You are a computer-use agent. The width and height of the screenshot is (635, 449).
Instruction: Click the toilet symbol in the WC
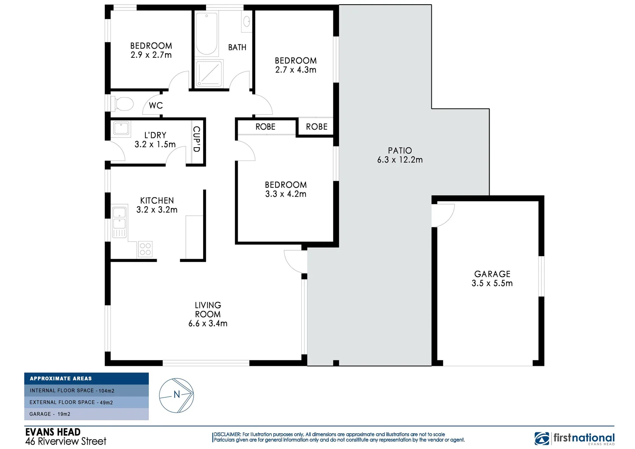tap(123, 104)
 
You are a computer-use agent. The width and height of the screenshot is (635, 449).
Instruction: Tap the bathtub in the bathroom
tap(207, 34)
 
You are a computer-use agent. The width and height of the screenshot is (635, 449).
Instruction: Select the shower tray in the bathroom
tap(209, 74)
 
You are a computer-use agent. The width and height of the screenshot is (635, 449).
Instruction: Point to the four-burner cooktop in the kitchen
tap(145, 249)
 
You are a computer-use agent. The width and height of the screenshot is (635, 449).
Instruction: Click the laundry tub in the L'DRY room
tap(121, 128)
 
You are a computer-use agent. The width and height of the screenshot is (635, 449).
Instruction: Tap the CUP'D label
tap(197, 139)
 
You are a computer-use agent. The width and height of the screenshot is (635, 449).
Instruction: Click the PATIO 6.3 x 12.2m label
tap(400, 155)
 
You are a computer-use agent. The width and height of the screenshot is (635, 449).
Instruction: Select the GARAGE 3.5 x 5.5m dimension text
tap(492, 283)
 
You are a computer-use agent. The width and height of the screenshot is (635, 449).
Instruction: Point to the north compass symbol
tap(177, 395)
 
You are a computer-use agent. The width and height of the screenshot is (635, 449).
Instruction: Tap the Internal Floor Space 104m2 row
tap(86, 390)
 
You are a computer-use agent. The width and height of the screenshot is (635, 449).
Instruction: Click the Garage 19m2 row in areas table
tap(86, 414)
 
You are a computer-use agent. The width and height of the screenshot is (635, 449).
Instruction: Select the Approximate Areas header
tap(86, 378)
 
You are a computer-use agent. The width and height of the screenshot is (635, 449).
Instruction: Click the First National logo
tap(574, 439)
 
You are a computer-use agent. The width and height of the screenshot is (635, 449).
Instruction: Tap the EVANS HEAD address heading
tap(53, 432)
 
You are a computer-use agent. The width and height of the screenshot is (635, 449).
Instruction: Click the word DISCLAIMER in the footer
tap(227, 434)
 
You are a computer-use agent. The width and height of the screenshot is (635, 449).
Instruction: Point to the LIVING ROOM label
tap(208, 310)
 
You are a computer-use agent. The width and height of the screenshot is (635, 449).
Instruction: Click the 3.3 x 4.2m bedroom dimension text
tap(286, 194)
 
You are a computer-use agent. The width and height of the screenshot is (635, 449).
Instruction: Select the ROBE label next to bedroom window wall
tap(317, 127)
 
